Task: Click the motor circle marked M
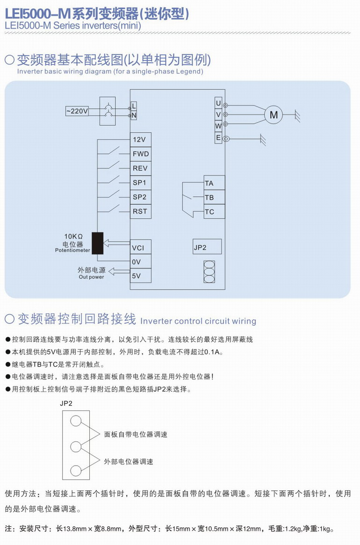point(274,115)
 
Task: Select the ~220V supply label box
point(77,111)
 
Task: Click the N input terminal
point(134,115)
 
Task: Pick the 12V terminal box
point(141,139)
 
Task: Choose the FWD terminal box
point(141,154)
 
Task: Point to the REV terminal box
point(141,168)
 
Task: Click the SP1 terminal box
point(141,183)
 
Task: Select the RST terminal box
point(141,211)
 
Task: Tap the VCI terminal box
point(141,247)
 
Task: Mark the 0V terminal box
point(141,262)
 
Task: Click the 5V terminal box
point(141,276)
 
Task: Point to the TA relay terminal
point(214,183)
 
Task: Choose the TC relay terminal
point(214,212)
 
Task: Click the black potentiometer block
point(98,243)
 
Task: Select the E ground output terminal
point(218,138)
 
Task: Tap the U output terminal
point(218,103)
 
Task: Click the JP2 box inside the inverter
point(207,247)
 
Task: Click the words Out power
point(91,277)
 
